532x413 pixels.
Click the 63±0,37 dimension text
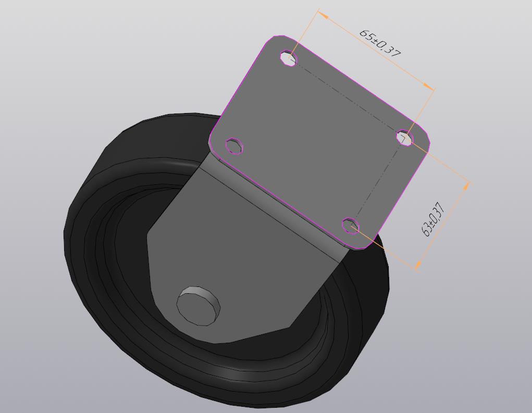click(x=432, y=219)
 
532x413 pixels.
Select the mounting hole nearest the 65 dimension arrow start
click(x=288, y=57)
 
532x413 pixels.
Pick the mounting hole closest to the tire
click(x=234, y=146)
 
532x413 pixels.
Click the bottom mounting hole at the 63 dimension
click(x=350, y=226)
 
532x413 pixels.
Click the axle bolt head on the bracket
click(x=198, y=306)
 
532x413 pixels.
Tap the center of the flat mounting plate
click(x=318, y=141)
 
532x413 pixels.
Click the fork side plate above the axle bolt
click(x=234, y=245)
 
